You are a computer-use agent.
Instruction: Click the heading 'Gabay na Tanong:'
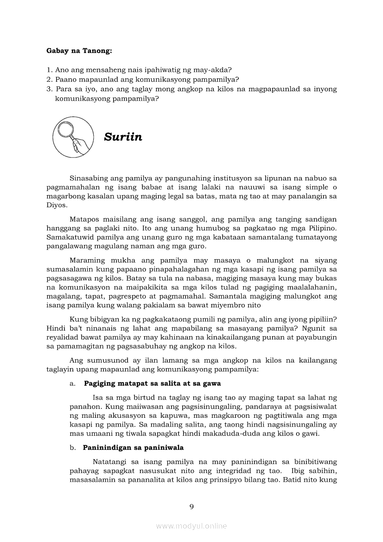coord(79,51)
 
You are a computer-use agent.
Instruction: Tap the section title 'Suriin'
coord(123,137)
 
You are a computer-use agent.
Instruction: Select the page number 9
coord(191,506)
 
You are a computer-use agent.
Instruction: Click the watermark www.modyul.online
coord(191,526)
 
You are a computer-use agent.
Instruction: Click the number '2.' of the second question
coord(49,80)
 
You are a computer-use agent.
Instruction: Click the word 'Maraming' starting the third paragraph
coord(87,260)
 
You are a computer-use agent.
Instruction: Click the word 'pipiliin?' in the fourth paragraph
coord(322,320)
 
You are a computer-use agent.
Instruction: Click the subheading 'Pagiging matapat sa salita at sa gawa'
coord(152,383)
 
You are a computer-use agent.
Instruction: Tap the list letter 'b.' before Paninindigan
coord(73,447)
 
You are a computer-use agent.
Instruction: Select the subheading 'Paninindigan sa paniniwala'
coord(133,447)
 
